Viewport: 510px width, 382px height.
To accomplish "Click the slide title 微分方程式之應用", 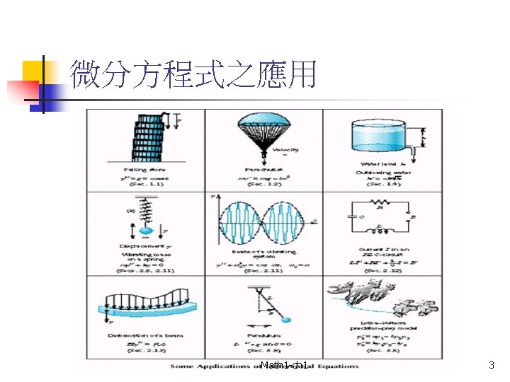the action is pyautogui.click(x=193, y=74).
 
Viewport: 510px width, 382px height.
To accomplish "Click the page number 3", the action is pyautogui.click(x=492, y=366).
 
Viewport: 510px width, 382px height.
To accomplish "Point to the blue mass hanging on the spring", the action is pyautogui.click(x=145, y=230).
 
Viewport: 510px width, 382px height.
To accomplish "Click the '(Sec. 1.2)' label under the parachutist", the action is pyautogui.click(x=263, y=183).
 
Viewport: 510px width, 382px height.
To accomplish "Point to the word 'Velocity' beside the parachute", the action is pyautogui.click(x=290, y=150).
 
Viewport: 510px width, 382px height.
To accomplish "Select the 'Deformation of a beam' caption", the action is pyautogui.click(x=144, y=335).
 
